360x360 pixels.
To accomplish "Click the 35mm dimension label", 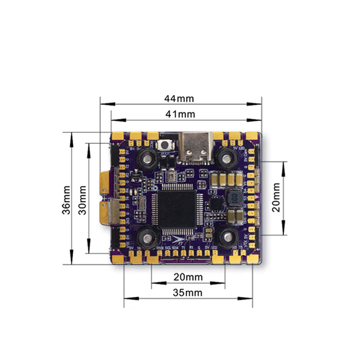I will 188,293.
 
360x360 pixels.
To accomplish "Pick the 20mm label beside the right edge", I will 276,198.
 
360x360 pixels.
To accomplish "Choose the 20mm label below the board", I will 188,277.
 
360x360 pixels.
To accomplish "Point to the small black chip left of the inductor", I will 216,204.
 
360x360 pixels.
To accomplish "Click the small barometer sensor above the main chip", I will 172,176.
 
